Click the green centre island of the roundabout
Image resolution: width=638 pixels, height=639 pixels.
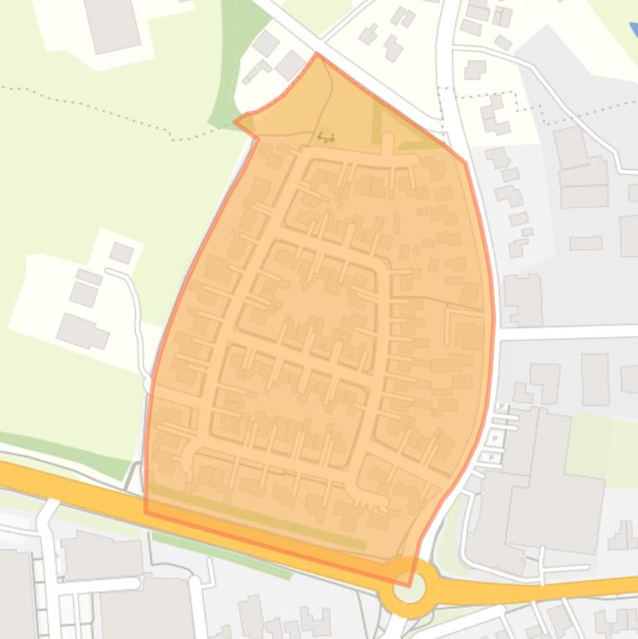point(409,588)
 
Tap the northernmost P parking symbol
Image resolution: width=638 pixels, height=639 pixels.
point(503,407)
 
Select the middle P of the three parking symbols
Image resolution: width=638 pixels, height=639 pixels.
point(495,437)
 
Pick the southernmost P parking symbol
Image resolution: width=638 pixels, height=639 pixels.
point(491,456)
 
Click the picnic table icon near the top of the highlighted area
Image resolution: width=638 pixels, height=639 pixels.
point(326,137)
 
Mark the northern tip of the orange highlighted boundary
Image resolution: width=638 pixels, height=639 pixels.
point(317,55)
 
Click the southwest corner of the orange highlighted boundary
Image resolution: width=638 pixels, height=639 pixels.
point(146,512)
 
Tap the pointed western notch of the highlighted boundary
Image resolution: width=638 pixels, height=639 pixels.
point(236,121)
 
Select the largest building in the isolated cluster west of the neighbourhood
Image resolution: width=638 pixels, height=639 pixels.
point(81,330)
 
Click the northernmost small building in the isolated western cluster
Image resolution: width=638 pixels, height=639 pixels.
point(122,252)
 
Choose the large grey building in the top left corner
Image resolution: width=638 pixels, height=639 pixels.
point(110,23)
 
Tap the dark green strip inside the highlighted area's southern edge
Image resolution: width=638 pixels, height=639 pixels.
point(257,518)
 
